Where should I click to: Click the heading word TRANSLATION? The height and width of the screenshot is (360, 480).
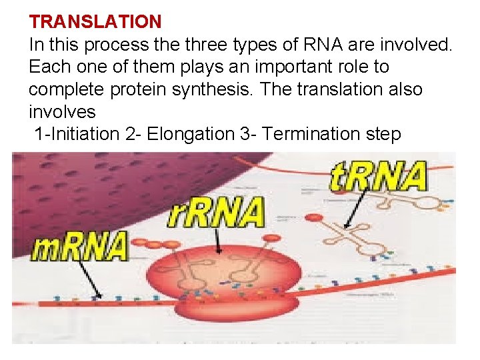[x=95, y=21]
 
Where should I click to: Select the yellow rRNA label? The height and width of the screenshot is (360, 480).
[x=215, y=214]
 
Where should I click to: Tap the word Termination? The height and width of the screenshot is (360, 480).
[x=311, y=134]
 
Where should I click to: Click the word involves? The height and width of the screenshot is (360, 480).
[x=62, y=111]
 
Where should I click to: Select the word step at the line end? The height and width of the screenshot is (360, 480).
[x=380, y=134]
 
